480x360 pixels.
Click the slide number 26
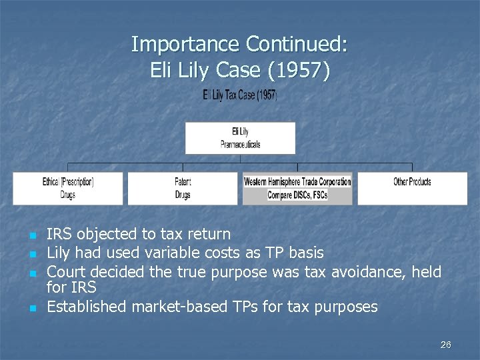[x=445, y=345]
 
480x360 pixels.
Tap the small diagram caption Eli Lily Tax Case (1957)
[x=240, y=95]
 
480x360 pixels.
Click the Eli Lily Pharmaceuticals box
[x=240, y=138]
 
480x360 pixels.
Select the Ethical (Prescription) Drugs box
[x=68, y=188]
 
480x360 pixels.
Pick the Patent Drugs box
[x=183, y=188]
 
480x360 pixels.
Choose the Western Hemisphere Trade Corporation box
[x=297, y=182]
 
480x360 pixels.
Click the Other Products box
[x=412, y=188]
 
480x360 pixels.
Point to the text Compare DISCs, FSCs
[x=297, y=195]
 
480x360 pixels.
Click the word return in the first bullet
[x=209, y=234]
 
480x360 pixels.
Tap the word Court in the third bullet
[x=66, y=271]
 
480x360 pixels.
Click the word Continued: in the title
[x=297, y=45]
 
